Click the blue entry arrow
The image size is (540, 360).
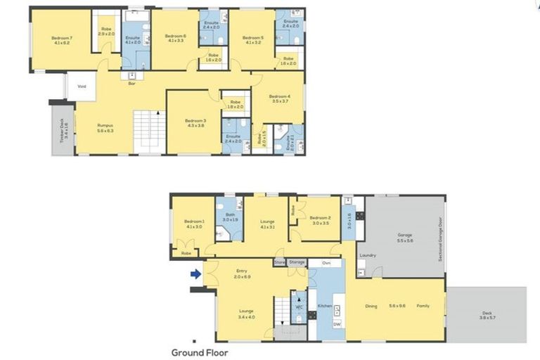tap(196, 275)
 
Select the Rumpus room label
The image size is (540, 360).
tap(105, 127)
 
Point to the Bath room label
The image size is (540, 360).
tap(229, 217)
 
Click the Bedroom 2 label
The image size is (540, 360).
tap(320, 219)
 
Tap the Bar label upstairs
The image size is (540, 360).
tap(131, 84)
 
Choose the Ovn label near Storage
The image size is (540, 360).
tap(326, 263)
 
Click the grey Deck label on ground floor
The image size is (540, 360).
tap(487, 314)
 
